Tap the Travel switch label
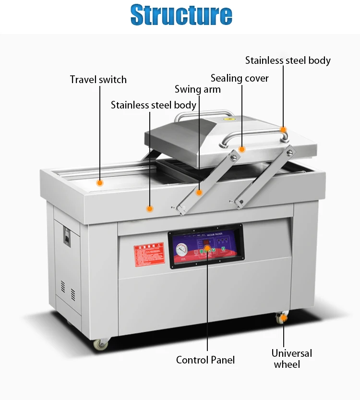click(x=98, y=79)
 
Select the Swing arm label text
click(x=198, y=89)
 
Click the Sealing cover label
click(x=240, y=78)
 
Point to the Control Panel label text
click(x=205, y=360)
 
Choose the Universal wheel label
click(x=291, y=359)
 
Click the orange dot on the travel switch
click(x=100, y=183)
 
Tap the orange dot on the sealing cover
click(x=242, y=149)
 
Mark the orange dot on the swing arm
click(x=199, y=192)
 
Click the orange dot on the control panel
click(x=207, y=249)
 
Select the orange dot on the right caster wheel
click(x=284, y=317)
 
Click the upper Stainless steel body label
click(x=288, y=61)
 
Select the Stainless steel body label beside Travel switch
click(x=154, y=105)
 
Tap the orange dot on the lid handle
click(x=284, y=130)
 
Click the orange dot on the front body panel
click(x=150, y=209)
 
